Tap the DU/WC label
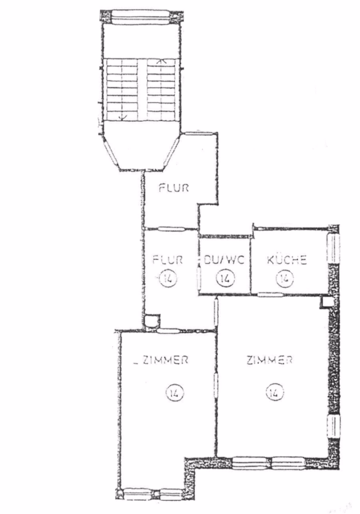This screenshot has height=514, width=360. pyautogui.click(x=224, y=260)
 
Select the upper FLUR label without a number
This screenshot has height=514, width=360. pyautogui.click(x=174, y=188)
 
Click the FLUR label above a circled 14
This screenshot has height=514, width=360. pyautogui.click(x=167, y=260)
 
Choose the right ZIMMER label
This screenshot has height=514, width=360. pyautogui.click(x=270, y=360)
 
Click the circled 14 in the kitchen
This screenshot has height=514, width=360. pyautogui.click(x=284, y=279)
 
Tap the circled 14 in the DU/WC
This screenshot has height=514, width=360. pyautogui.click(x=225, y=279)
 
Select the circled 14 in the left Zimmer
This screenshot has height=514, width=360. pyautogui.click(x=175, y=392)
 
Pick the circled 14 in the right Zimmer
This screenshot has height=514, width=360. pyautogui.click(x=275, y=392)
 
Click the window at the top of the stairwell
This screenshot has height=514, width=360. pyautogui.click(x=141, y=17)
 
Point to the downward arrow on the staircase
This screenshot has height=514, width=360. pyautogui.click(x=123, y=89)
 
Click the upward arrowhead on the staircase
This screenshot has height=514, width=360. pyautogui.click(x=161, y=61)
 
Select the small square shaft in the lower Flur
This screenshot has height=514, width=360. pyautogui.click(x=152, y=320)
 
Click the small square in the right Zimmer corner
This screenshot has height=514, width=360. pyautogui.click(x=326, y=302)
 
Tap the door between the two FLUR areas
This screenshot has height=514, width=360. pyautogui.click(x=171, y=228)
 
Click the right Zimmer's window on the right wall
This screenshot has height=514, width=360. pyautogui.click(x=334, y=426)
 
